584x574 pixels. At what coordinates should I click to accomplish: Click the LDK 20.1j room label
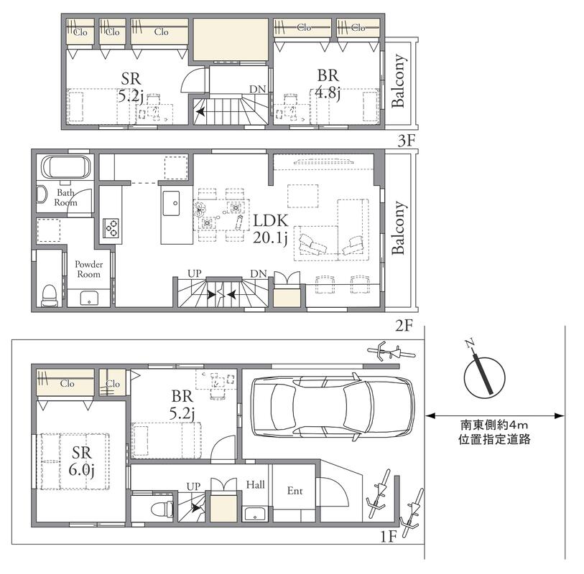[x=270, y=229]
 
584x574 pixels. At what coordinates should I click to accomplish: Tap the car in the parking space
[x=333, y=407]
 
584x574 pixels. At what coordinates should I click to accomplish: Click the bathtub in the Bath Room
[x=66, y=167]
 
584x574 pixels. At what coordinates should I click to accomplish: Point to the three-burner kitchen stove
[x=111, y=228]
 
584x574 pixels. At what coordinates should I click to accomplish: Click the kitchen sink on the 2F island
[x=171, y=203]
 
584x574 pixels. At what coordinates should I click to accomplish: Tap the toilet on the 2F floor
[x=50, y=295]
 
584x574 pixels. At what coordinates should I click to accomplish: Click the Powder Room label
[x=88, y=269]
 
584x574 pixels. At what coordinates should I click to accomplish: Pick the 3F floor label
[x=406, y=141]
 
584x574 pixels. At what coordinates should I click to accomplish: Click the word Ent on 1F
[x=295, y=491]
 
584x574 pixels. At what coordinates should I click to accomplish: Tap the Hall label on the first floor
[x=256, y=484]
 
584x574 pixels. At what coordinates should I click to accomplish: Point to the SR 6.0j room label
[x=82, y=461]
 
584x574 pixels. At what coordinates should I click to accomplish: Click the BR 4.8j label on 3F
[x=328, y=85]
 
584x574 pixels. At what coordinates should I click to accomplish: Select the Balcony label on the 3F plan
[x=398, y=81]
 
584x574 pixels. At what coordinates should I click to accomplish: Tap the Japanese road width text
[x=494, y=432]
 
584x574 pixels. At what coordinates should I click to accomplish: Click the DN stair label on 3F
[x=258, y=89]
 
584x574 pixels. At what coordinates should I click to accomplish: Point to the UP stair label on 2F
[x=195, y=274]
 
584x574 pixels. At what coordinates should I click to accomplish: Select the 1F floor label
[x=388, y=537]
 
